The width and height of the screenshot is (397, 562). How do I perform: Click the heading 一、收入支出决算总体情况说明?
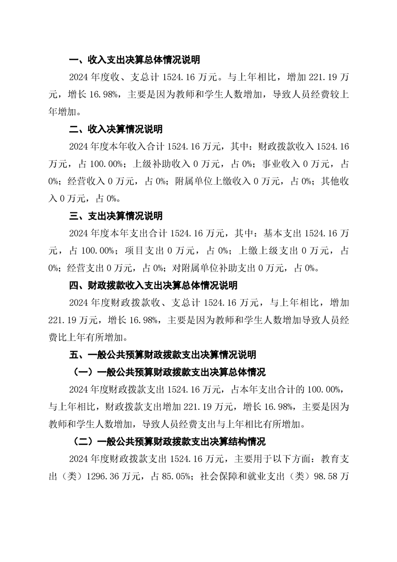click(x=134, y=60)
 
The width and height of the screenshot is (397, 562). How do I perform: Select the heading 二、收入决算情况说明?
click(x=116, y=130)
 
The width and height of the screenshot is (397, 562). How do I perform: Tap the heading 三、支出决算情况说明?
click(x=116, y=216)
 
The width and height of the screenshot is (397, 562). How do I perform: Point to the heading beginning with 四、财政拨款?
click(x=153, y=286)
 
